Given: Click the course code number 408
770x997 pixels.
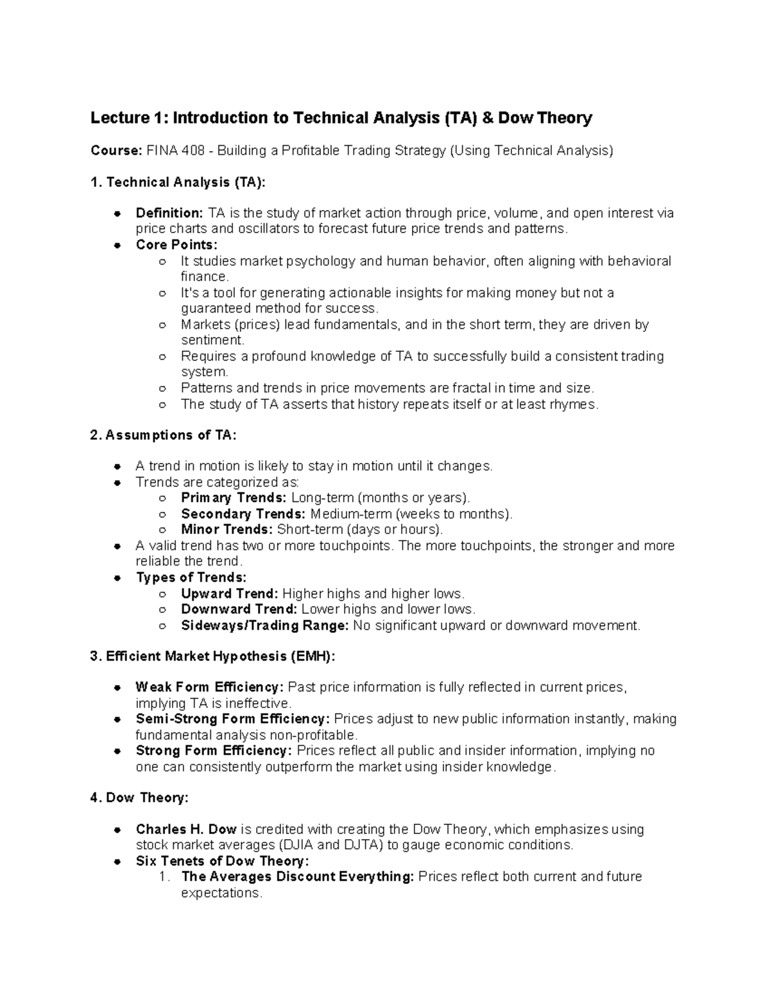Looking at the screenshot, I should pyautogui.click(x=195, y=151).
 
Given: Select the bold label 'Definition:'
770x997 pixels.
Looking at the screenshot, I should pyautogui.click(x=169, y=213).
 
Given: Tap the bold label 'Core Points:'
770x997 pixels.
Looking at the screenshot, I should pyautogui.click(x=176, y=245).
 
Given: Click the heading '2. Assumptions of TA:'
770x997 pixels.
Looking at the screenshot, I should pyautogui.click(x=164, y=435).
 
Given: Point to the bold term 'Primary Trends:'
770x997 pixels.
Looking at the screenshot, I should pyautogui.click(x=234, y=498).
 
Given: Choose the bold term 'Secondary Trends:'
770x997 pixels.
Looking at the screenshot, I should pyautogui.click(x=243, y=514).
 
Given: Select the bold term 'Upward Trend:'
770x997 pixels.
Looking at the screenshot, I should pyautogui.click(x=229, y=593).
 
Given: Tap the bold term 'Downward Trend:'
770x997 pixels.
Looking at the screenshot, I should pyautogui.click(x=239, y=609).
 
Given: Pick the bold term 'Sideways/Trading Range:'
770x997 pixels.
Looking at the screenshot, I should pyautogui.click(x=265, y=625).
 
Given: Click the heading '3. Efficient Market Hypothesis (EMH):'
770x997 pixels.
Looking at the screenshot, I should pyautogui.click(x=212, y=656).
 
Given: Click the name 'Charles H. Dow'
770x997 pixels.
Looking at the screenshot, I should pyautogui.click(x=186, y=829).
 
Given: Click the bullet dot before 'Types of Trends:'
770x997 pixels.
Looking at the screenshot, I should pyautogui.click(x=117, y=578).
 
